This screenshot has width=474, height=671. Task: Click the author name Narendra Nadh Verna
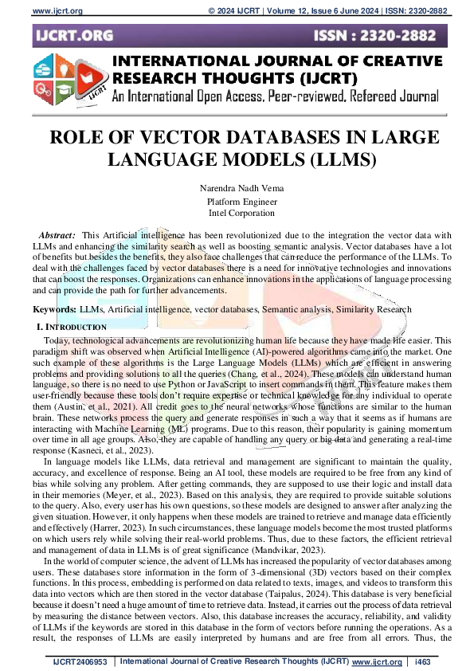(236, 188)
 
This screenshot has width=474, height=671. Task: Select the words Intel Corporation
(236, 213)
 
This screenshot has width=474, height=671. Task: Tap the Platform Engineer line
(236, 201)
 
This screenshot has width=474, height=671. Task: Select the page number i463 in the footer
(422, 661)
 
